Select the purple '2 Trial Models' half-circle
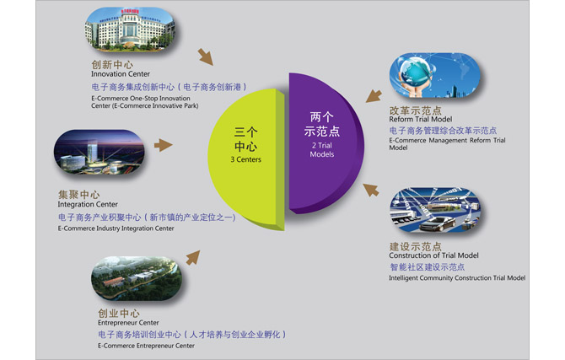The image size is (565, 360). coord(325,144)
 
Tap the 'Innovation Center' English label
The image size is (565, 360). coord(121,74)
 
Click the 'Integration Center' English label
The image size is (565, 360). coord(88,204)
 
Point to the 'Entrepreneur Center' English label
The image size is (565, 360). coord(128,323)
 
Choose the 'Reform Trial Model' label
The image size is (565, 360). coord(421,119)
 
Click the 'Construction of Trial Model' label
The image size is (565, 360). coord(433,255)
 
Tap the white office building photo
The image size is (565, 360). coord(130,29)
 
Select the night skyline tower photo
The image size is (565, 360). coord(100,153)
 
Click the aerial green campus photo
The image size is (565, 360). coord(137,278)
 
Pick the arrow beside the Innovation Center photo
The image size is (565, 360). coord(206,57)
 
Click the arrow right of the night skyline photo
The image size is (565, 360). coord(164,145)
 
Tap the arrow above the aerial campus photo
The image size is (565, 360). coord(193,258)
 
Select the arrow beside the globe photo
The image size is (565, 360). coord(374,96)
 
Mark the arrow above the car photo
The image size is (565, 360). coord(371,190)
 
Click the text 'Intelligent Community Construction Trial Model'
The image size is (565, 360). coord(457,278)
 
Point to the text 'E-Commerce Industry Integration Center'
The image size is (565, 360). coord(116,228)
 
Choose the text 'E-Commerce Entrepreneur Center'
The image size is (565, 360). coord(146,346)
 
